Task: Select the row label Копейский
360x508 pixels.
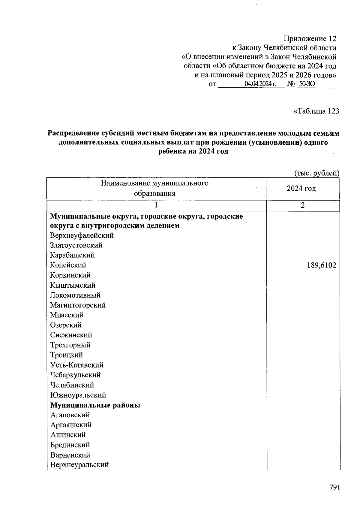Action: click(x=68, y=265)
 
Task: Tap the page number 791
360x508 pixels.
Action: click(x=334, y=488)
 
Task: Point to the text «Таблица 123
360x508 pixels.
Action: click(x=316, y=111)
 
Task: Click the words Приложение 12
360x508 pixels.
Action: click(x=310, y=39)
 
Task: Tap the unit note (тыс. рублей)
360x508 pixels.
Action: click(x=316, y=173)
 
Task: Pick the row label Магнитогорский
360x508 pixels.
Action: click(x=78, y=305)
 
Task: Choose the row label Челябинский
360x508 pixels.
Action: click(x=72, y=385)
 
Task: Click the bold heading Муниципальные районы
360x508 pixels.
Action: click(x=95, y=405)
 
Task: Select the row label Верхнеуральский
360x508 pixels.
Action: click(x=79, y=465)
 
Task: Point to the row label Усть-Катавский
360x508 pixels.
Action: click(x=77, y=365)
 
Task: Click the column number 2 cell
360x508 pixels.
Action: click(x=303, y=205)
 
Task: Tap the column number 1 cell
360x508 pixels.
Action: click(x=156, y=205)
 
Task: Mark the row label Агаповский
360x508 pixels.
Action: click(x=70, y=415)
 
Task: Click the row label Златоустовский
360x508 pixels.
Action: click(x=76, y=245)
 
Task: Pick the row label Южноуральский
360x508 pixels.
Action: click(x=78, y=395)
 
